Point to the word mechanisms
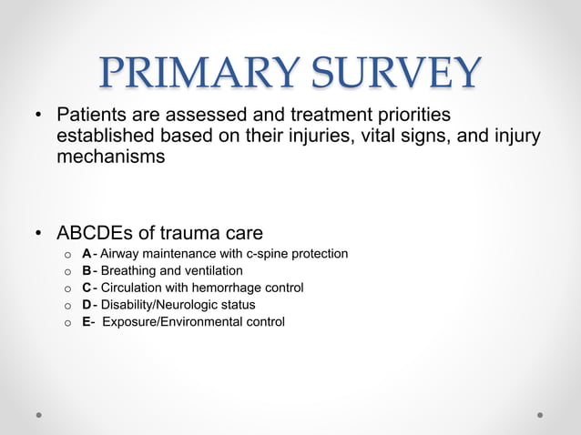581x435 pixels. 110,157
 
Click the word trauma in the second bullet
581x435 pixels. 215,233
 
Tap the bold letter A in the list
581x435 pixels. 87,254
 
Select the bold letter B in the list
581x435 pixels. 87,271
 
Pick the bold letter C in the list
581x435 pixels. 87,288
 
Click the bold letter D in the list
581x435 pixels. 87,305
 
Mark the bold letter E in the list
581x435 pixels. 86,322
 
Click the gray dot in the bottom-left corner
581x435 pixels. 40,414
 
